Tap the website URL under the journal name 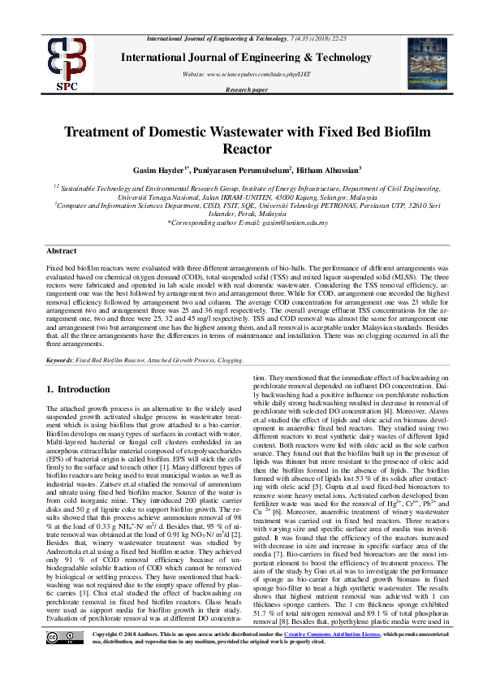[240, 74]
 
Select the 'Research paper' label [241, 90]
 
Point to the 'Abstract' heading [62, 252]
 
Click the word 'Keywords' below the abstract [62, 359]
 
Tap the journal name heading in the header [241, 57]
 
